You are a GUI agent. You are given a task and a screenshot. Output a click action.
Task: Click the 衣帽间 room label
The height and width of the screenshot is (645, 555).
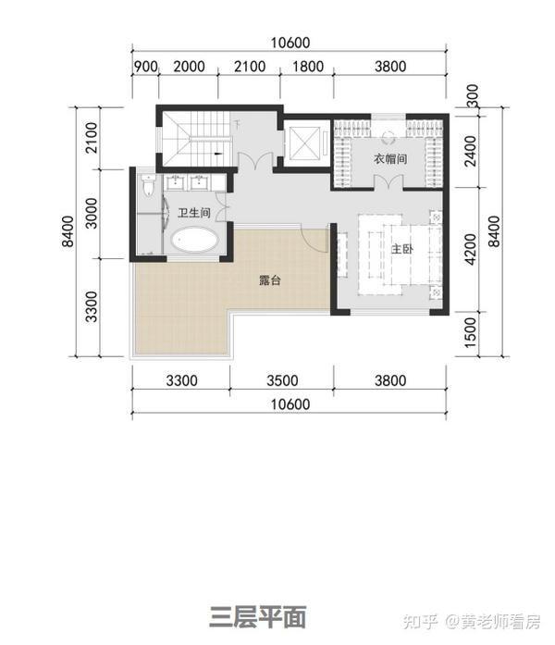pos(390,158)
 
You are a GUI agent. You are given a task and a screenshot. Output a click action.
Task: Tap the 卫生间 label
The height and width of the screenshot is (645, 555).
pos(194,213)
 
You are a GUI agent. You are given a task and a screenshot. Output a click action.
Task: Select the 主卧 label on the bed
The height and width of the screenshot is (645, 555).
pos(401,248)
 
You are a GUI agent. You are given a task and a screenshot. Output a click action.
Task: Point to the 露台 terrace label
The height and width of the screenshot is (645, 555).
pos(270,280)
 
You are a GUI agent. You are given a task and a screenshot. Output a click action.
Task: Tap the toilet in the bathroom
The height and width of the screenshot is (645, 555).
pos(148,184)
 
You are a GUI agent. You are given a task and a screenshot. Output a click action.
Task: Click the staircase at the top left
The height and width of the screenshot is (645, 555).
pos(196,138)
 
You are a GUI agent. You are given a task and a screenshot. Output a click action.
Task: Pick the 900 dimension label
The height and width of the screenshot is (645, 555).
pos(146,67)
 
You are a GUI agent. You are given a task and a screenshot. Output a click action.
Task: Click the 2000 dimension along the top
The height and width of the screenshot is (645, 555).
pos(189,67)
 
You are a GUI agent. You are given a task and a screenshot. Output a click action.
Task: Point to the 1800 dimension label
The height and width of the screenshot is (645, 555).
pos(308,67)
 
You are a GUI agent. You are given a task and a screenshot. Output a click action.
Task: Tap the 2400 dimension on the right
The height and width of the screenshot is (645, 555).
pos(471,152)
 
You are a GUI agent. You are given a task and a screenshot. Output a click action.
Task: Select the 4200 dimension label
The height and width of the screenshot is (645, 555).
pos(470,249)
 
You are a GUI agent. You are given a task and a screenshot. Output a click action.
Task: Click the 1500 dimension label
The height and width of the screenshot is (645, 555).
pos(470,332)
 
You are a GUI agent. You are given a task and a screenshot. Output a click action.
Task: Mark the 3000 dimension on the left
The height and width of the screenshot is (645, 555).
pos(92,214)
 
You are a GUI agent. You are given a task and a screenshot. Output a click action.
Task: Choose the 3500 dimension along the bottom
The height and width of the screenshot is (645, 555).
pos(282,380)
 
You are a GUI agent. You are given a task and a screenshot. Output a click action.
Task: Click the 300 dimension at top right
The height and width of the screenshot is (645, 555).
pos(474,95)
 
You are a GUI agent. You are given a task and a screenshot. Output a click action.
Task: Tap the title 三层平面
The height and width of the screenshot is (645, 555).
pos(258,617)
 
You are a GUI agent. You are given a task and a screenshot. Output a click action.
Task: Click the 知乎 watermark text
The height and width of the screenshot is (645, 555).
pos(420,622)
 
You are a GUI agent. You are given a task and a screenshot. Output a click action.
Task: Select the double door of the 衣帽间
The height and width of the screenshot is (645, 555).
pos(388,181)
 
